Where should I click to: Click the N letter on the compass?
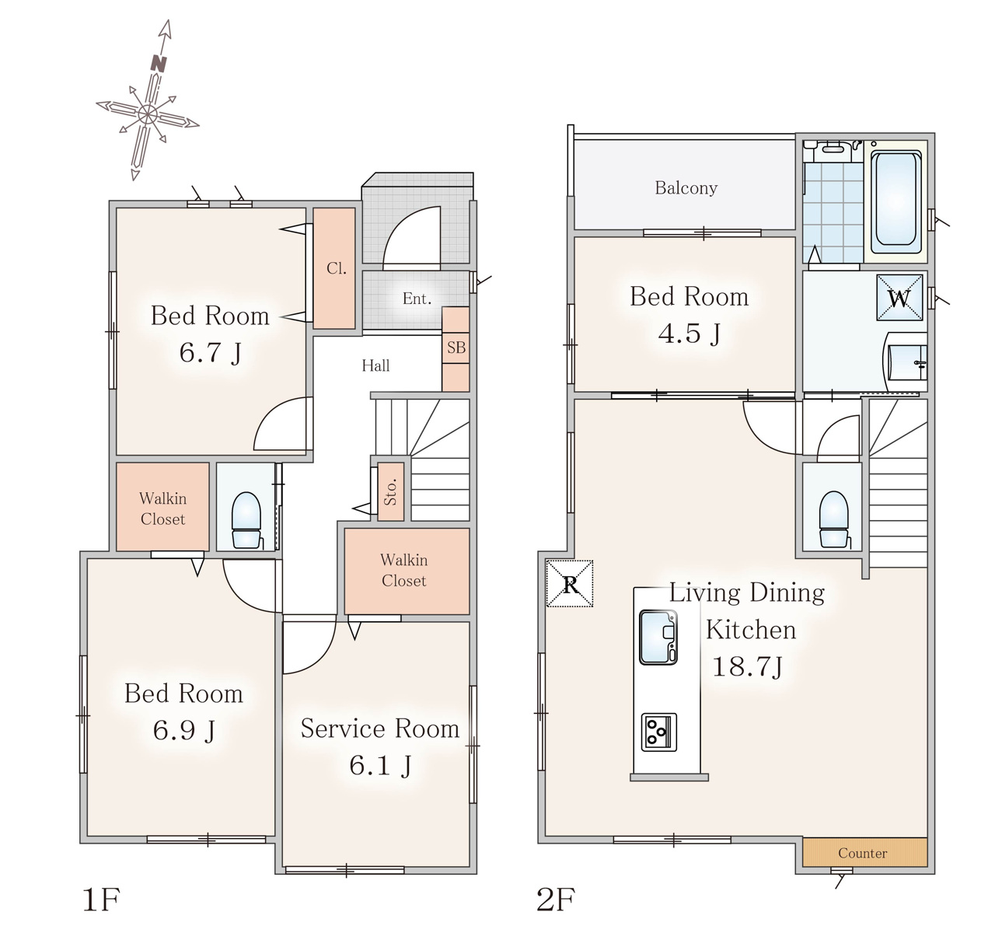(159, 63)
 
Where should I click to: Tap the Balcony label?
(686, 188)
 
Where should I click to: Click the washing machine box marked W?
(899, 298)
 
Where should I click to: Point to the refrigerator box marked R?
(570, 584)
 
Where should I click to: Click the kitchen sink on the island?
(658, 637)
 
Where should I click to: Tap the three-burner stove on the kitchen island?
(659, 732)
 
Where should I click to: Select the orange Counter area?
(864, 853)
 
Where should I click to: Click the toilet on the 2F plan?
(833, 519)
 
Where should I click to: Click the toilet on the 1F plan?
(246, 520)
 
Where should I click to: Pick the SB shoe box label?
(456, 348)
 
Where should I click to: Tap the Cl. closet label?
(337, 268)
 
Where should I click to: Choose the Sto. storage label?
(390, 491)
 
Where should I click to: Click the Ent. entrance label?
(417, 299)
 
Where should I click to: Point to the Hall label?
(375, 365)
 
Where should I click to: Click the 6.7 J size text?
(211, 352)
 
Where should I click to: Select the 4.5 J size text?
(690, 334)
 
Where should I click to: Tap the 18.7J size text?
(748, 666)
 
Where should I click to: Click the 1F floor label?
(101, 899)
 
